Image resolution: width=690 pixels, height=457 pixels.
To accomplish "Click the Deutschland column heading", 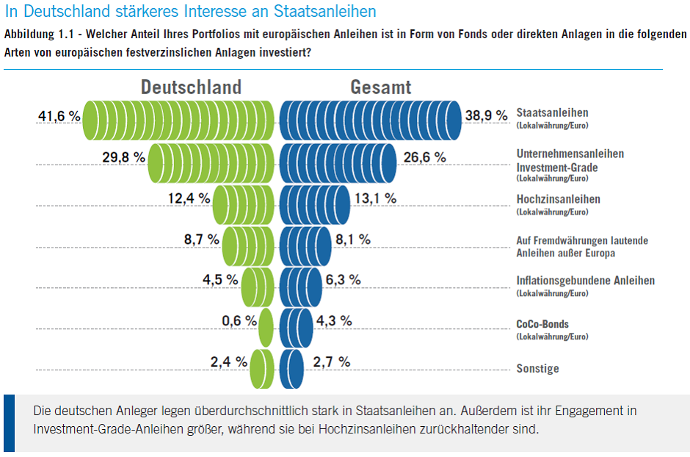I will [x=191, y=87].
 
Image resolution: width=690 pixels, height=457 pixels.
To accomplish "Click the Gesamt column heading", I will [x=381, y=87].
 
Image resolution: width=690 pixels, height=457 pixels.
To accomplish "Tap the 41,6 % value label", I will [x=59, y=117].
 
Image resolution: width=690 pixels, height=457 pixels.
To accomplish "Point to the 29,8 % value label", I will [x=124, y=158].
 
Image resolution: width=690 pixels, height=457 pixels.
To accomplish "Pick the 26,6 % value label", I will [x=425, y=157].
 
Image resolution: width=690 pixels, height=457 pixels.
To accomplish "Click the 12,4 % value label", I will [x=189, y=198].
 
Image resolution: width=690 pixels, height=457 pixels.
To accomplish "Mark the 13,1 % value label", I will [x=375, y=198].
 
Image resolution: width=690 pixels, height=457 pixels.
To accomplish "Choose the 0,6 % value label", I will [x=239, y=321].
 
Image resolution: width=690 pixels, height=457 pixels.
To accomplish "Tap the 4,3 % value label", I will [x=333, y=321].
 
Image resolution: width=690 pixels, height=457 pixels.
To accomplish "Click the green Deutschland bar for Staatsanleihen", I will [x=180, y=120].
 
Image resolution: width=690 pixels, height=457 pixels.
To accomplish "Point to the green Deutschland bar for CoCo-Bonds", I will [x=266, y=327].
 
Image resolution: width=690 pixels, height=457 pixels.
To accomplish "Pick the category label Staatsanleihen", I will [x=553, y=113].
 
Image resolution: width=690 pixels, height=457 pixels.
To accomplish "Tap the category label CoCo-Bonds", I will [x=542, y=324].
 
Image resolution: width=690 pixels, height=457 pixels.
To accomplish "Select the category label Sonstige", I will [x=537, y=369].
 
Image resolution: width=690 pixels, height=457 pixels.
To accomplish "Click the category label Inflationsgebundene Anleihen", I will [x=585, y=281].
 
